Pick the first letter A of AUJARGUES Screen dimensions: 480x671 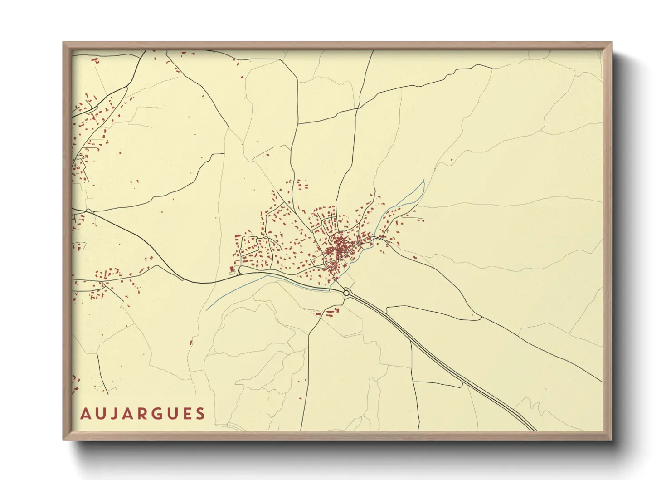point(85,414)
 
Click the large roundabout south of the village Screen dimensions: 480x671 point(347,293)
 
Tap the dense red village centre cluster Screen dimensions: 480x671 point(339,247)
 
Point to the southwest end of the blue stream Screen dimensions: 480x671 point(208,309)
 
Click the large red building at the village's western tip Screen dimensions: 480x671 point(233,269)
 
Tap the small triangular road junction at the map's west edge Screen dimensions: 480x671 point(89,211)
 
